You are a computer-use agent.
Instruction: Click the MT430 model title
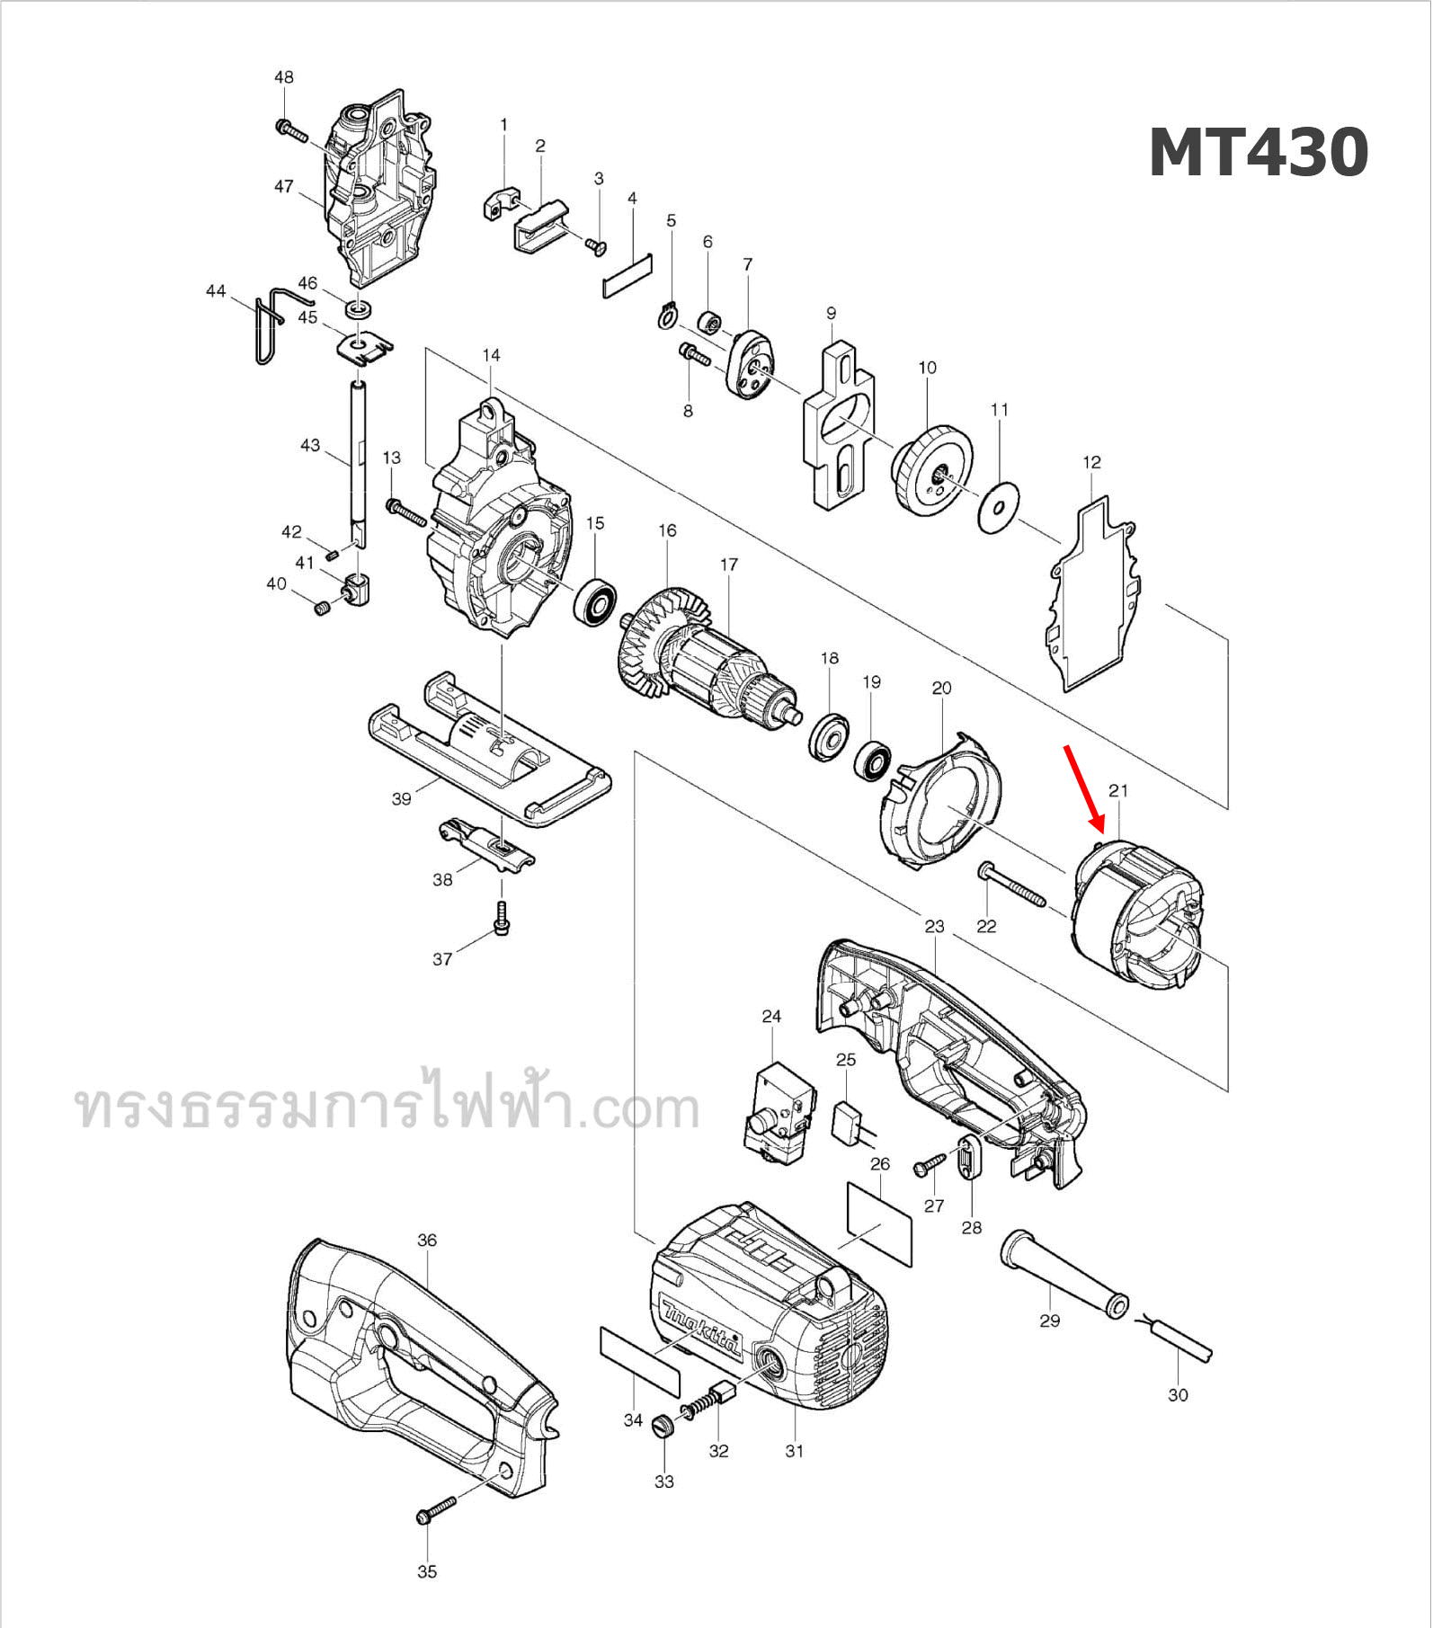pos(1258,153)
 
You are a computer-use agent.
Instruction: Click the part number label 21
pos(1117,791)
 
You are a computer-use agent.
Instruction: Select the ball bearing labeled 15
pos(594,604)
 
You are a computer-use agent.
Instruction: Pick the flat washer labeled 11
pos(998,508)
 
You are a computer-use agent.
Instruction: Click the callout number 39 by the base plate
pos(401,798)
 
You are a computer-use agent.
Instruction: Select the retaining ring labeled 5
pos(666,316)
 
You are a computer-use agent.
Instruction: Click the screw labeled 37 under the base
pos(502,919)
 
